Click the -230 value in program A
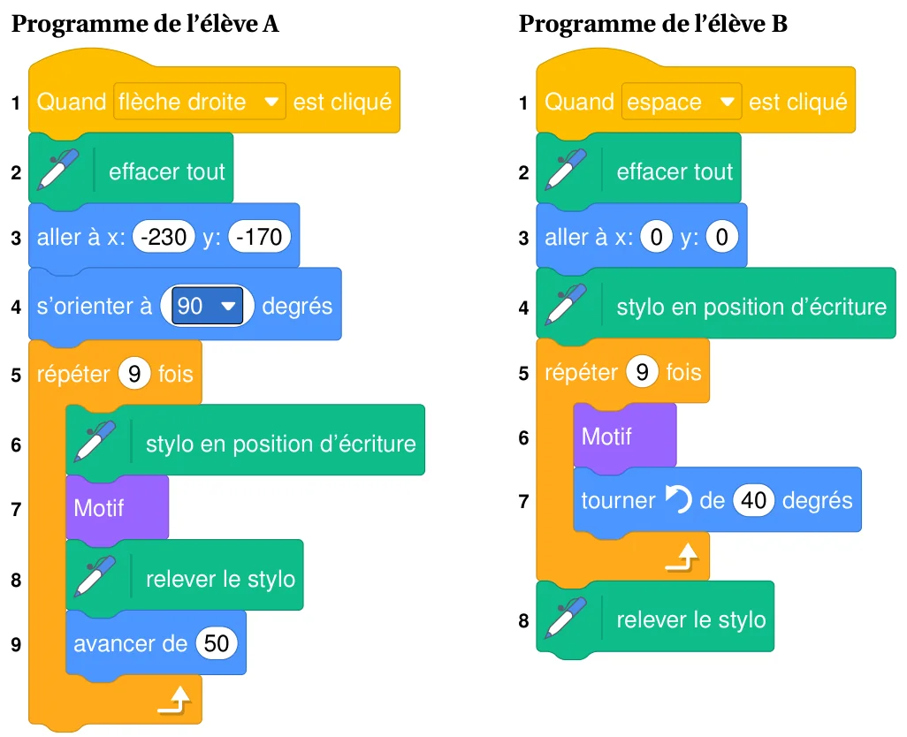(x=164, y=237)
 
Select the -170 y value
(x=259, y=237)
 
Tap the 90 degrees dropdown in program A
(x=207, y=306)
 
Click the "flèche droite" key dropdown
(x=200, y=102)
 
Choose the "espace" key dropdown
(x=682, y=102)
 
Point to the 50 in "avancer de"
(x=217, y=643)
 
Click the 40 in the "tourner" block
(x=754, y=500)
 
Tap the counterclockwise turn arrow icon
(x=678, y=499)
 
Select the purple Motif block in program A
(x=118, y=508)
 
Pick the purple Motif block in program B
(x=625, y=436)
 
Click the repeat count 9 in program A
(x=134, y=374)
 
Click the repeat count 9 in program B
(x=642, y=372)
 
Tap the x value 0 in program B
(x=657, y=237)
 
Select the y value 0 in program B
(x=722, y=237)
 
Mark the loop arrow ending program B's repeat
(x=682, y=557)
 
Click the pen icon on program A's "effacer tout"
(x=57, y=169)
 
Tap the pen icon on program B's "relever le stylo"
(x=566, y=617)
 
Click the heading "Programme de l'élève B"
(x=652, y=24)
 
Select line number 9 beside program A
(x=16, y=644)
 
